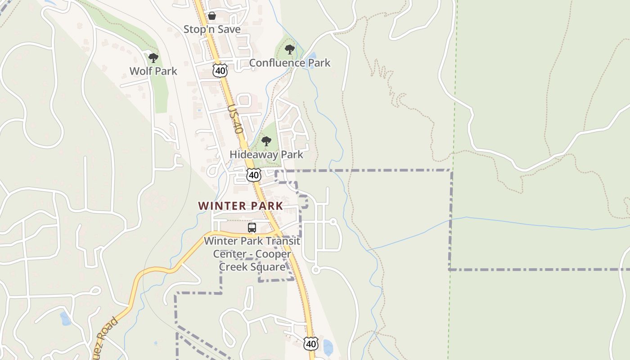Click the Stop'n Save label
tap(212, 29)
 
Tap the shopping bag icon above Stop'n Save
tap(211, 16)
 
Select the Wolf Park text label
tap(153, 71)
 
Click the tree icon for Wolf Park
tap(153, 58)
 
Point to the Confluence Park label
tap(289, 63)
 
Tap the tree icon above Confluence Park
tap(290, 49)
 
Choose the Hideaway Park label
tap(266, 154)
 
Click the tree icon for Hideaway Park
tap(266, 141)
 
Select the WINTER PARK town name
tap(241, 206)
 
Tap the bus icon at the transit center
tap(252, 228)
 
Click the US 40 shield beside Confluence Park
tap(220, 70)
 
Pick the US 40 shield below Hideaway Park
tap(254, 175)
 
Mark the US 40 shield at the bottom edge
tap(310, 344)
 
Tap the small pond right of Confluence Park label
tap(311, 56)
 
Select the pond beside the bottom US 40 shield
tap(328, 346)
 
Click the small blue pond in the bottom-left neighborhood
tap(65, 319)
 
